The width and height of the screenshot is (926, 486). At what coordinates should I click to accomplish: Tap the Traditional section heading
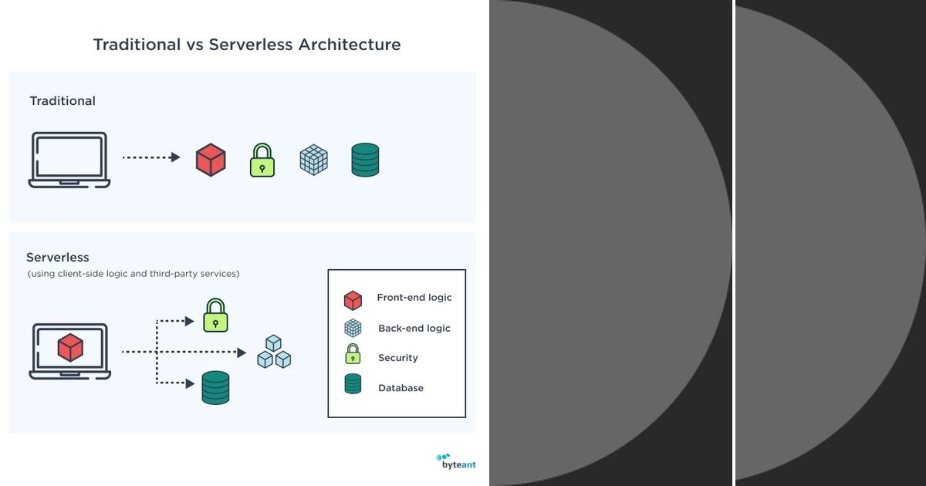coord(63,101)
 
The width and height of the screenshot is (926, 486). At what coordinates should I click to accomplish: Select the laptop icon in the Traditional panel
coord(69,160)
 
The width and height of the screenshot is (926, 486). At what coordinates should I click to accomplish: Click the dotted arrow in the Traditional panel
coord(151,157)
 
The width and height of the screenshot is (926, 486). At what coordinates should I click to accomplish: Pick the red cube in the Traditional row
coord(211,160)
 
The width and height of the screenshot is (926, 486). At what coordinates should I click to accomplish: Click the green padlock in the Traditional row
coord(262,160)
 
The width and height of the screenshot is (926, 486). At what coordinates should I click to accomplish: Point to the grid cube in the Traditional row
coord(313,160)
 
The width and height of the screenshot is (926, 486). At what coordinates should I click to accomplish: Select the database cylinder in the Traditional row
coord(365,160)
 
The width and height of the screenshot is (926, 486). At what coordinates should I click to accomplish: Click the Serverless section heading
coord(58,258)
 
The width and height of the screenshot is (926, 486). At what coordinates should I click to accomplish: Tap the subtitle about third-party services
coord(133,274)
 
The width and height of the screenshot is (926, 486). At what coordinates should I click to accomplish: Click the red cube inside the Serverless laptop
coord(70,347)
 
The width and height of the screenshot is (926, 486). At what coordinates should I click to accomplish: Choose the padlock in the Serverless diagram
coord(215,316)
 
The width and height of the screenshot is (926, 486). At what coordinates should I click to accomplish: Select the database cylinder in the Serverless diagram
coord(215,387)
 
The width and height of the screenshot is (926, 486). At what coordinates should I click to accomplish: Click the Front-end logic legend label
coord(414,298)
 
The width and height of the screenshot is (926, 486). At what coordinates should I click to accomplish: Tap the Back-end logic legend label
coord(414,329)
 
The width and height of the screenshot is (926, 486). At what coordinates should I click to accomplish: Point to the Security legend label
coord(397,358)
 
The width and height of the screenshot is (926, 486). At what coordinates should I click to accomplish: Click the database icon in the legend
coord(353,384)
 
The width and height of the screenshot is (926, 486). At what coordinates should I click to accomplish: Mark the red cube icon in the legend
coord(353,300)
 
